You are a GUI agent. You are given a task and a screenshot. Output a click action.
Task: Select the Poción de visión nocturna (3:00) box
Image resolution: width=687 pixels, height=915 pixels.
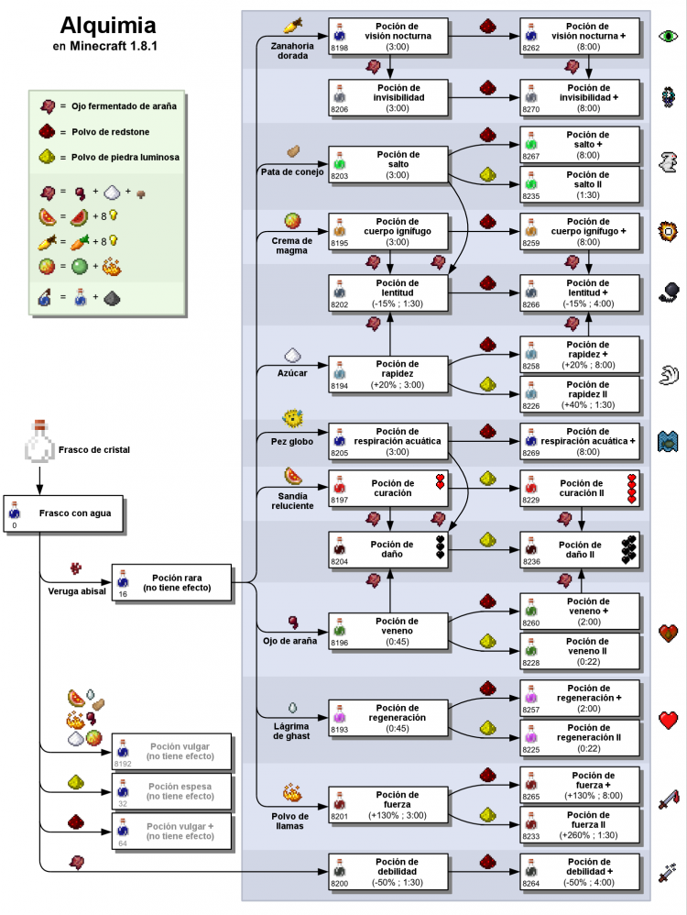(388, 36)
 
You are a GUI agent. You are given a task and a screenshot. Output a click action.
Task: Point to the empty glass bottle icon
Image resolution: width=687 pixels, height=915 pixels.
(38, 444)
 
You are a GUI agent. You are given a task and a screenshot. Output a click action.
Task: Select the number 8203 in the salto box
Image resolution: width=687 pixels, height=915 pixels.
(340, 175)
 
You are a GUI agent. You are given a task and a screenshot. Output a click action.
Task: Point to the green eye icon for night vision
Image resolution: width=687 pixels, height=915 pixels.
(669, 38)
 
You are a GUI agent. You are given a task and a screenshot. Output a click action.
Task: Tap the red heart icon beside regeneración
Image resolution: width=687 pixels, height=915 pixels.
(669, 720)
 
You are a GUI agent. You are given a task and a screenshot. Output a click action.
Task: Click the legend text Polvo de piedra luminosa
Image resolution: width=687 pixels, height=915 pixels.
(125, 158)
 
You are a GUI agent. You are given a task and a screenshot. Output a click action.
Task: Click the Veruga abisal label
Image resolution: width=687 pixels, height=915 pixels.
(77, 590)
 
